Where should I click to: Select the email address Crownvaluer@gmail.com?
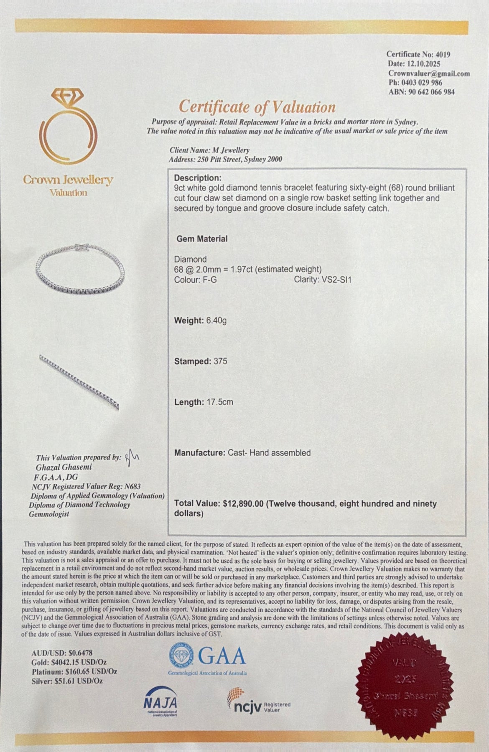click(429, 74)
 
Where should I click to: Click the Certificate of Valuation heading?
click(257, 107)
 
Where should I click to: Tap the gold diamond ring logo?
click(68, 130)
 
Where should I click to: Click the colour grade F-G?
click(209, 279)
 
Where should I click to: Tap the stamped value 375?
click(220, 361)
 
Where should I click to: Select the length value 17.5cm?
click(220, 402)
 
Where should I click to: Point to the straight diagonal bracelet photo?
click(79, 381)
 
